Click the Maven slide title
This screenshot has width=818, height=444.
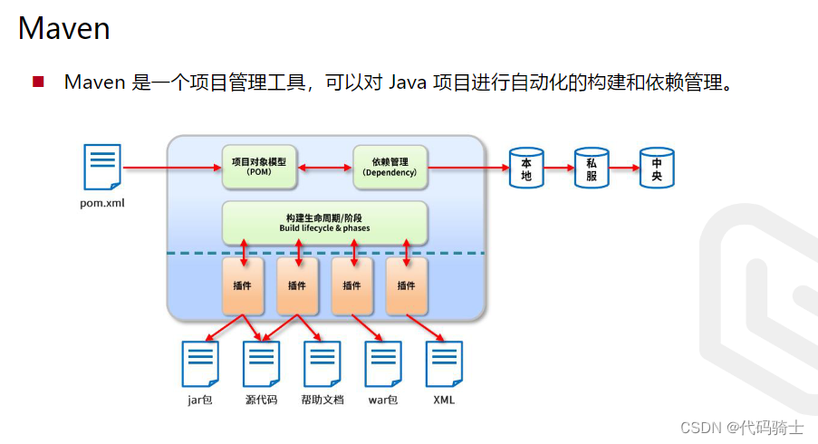click(63, 29)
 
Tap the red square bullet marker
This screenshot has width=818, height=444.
click(38, 82)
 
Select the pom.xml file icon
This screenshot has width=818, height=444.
click(102, 167)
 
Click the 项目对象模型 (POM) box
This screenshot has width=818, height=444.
click(258, 167)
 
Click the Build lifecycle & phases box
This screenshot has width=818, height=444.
click(324, 223)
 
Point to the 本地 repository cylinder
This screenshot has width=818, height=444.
click(526, 168)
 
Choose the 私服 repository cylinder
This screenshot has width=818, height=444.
click(592, 168)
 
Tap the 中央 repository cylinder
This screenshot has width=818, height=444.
click(657, 168)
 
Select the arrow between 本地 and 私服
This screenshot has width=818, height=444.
click(559, 168)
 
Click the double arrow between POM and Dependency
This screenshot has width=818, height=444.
click(324, 168)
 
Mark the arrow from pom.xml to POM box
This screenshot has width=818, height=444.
click(172, 168)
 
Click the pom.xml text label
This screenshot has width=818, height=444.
click(101, 203)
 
